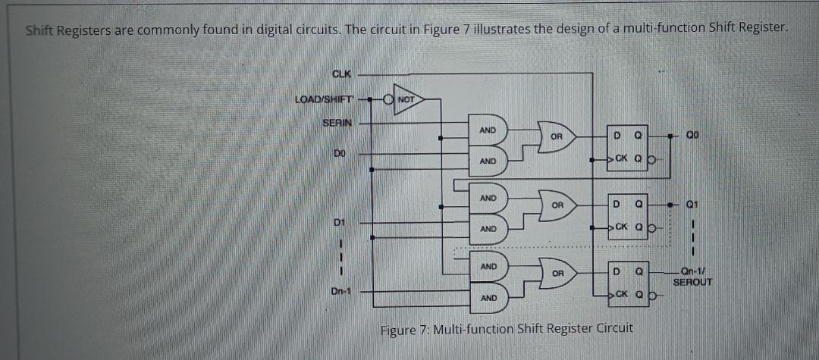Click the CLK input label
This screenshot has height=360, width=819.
click(x=343, y=73)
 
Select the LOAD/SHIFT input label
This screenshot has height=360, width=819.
click(x=324, y=99)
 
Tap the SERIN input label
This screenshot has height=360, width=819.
click(x=337, y=122)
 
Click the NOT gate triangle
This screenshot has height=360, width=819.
click(x=405, y=99)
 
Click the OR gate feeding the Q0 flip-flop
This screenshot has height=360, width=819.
click(x=557, y=137)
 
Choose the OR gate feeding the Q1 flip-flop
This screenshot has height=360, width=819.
click(x=557, y=205)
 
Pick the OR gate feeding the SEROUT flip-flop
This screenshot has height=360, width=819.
click(x=557, y=272)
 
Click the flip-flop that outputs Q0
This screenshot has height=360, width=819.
click(x=629, y=147)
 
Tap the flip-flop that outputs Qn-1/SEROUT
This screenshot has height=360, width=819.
click(x=629, y=282)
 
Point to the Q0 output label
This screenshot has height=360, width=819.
click(x=692, y=137)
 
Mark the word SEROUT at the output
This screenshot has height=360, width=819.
click(x=692, y=282)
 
